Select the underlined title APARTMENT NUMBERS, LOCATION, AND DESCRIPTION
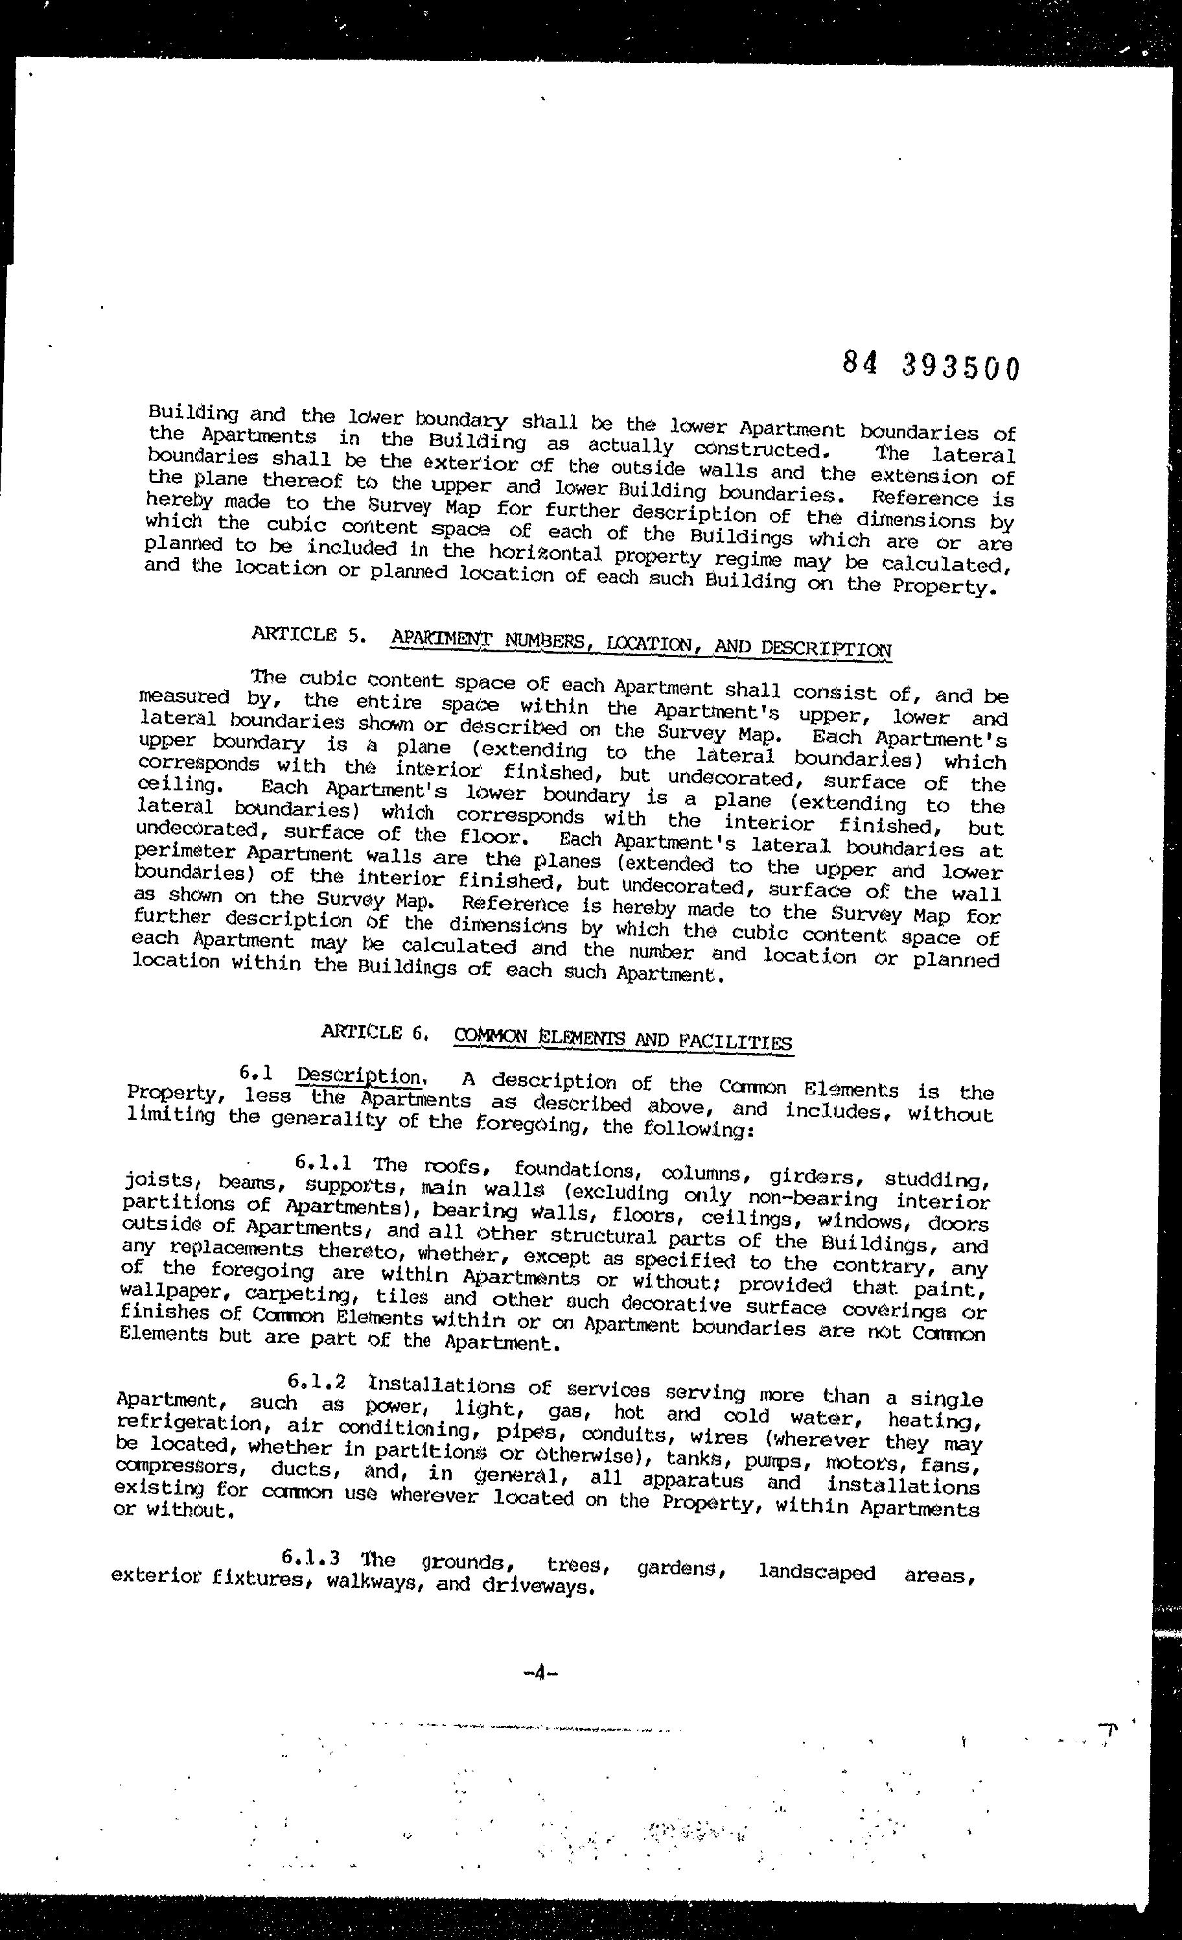click(641, 644)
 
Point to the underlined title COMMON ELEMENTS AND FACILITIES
click(623, 1040)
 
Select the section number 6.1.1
click(323, 1162)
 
